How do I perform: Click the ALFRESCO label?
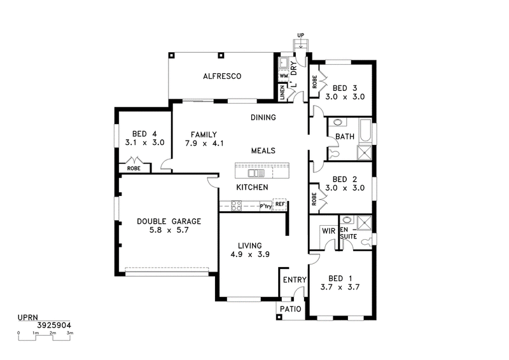point(222,76)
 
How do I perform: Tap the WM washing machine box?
point(283,76)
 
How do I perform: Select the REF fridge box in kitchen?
point(279,204)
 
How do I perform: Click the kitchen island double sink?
point(256,173)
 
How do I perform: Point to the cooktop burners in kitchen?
point(236,205)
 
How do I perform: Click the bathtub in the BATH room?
point(365,131)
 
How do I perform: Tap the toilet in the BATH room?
point(333,153)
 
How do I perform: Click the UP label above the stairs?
point(300,35)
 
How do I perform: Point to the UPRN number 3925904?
point(54,325)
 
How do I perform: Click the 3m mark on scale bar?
point(70,333)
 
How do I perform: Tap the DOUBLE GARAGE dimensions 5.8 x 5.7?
point(169,230)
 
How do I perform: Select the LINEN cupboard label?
point(282,92)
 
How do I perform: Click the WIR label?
point(328,231)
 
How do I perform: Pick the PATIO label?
point(291,309)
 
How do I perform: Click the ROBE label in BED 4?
point(134,169)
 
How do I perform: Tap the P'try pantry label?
point(266,206)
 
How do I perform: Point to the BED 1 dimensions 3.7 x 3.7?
point(340,287)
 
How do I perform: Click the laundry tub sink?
point(283,63)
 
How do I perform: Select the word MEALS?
point(263,151)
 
